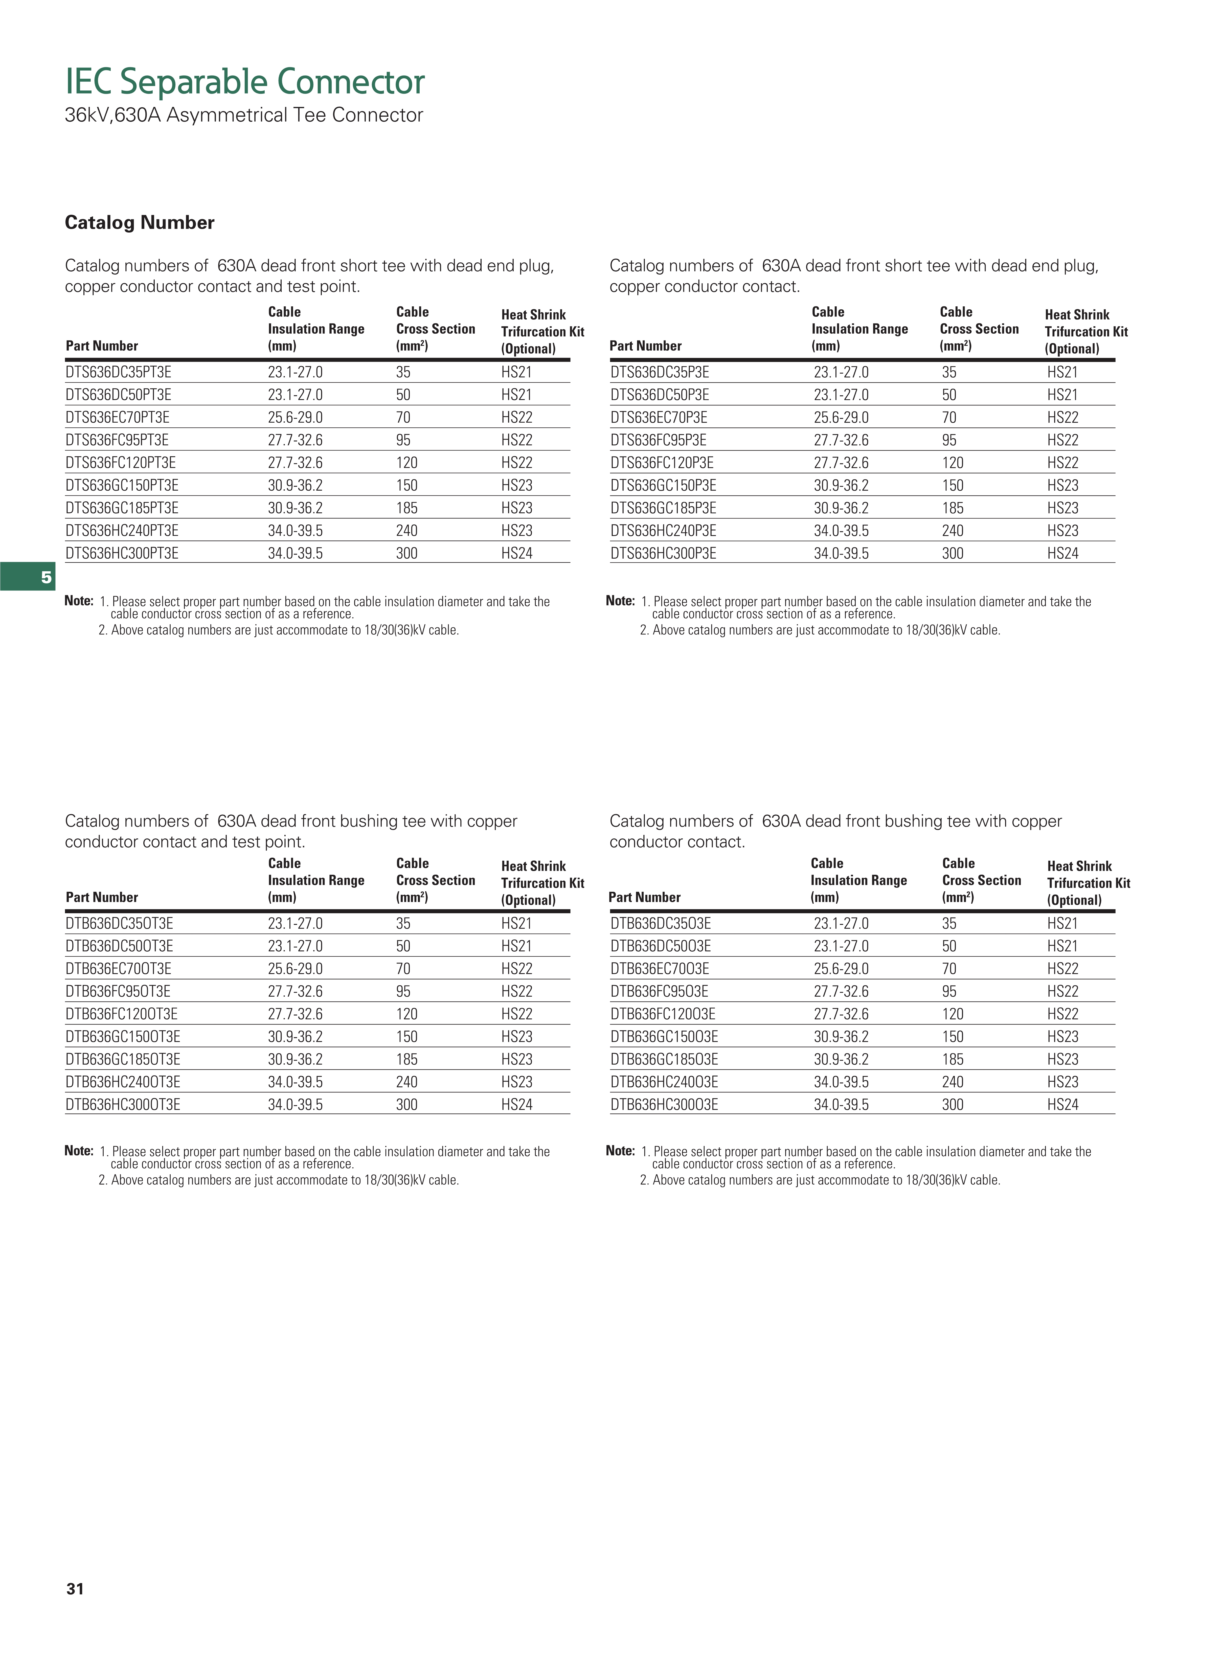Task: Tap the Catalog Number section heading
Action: click(140, 222)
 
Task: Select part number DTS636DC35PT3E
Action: click(118, 373)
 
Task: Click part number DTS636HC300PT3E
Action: click(122, 554)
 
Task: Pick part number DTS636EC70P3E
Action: click(659, 418)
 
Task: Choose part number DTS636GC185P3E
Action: click(663, 509)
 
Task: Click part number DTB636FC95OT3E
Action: click(118, 992)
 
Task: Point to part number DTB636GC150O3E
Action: click(664, 1037)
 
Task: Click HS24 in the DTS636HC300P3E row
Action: click(1062, 554)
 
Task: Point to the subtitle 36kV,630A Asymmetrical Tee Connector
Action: click(244, 115)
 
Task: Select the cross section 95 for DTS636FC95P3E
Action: click(949, 441)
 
